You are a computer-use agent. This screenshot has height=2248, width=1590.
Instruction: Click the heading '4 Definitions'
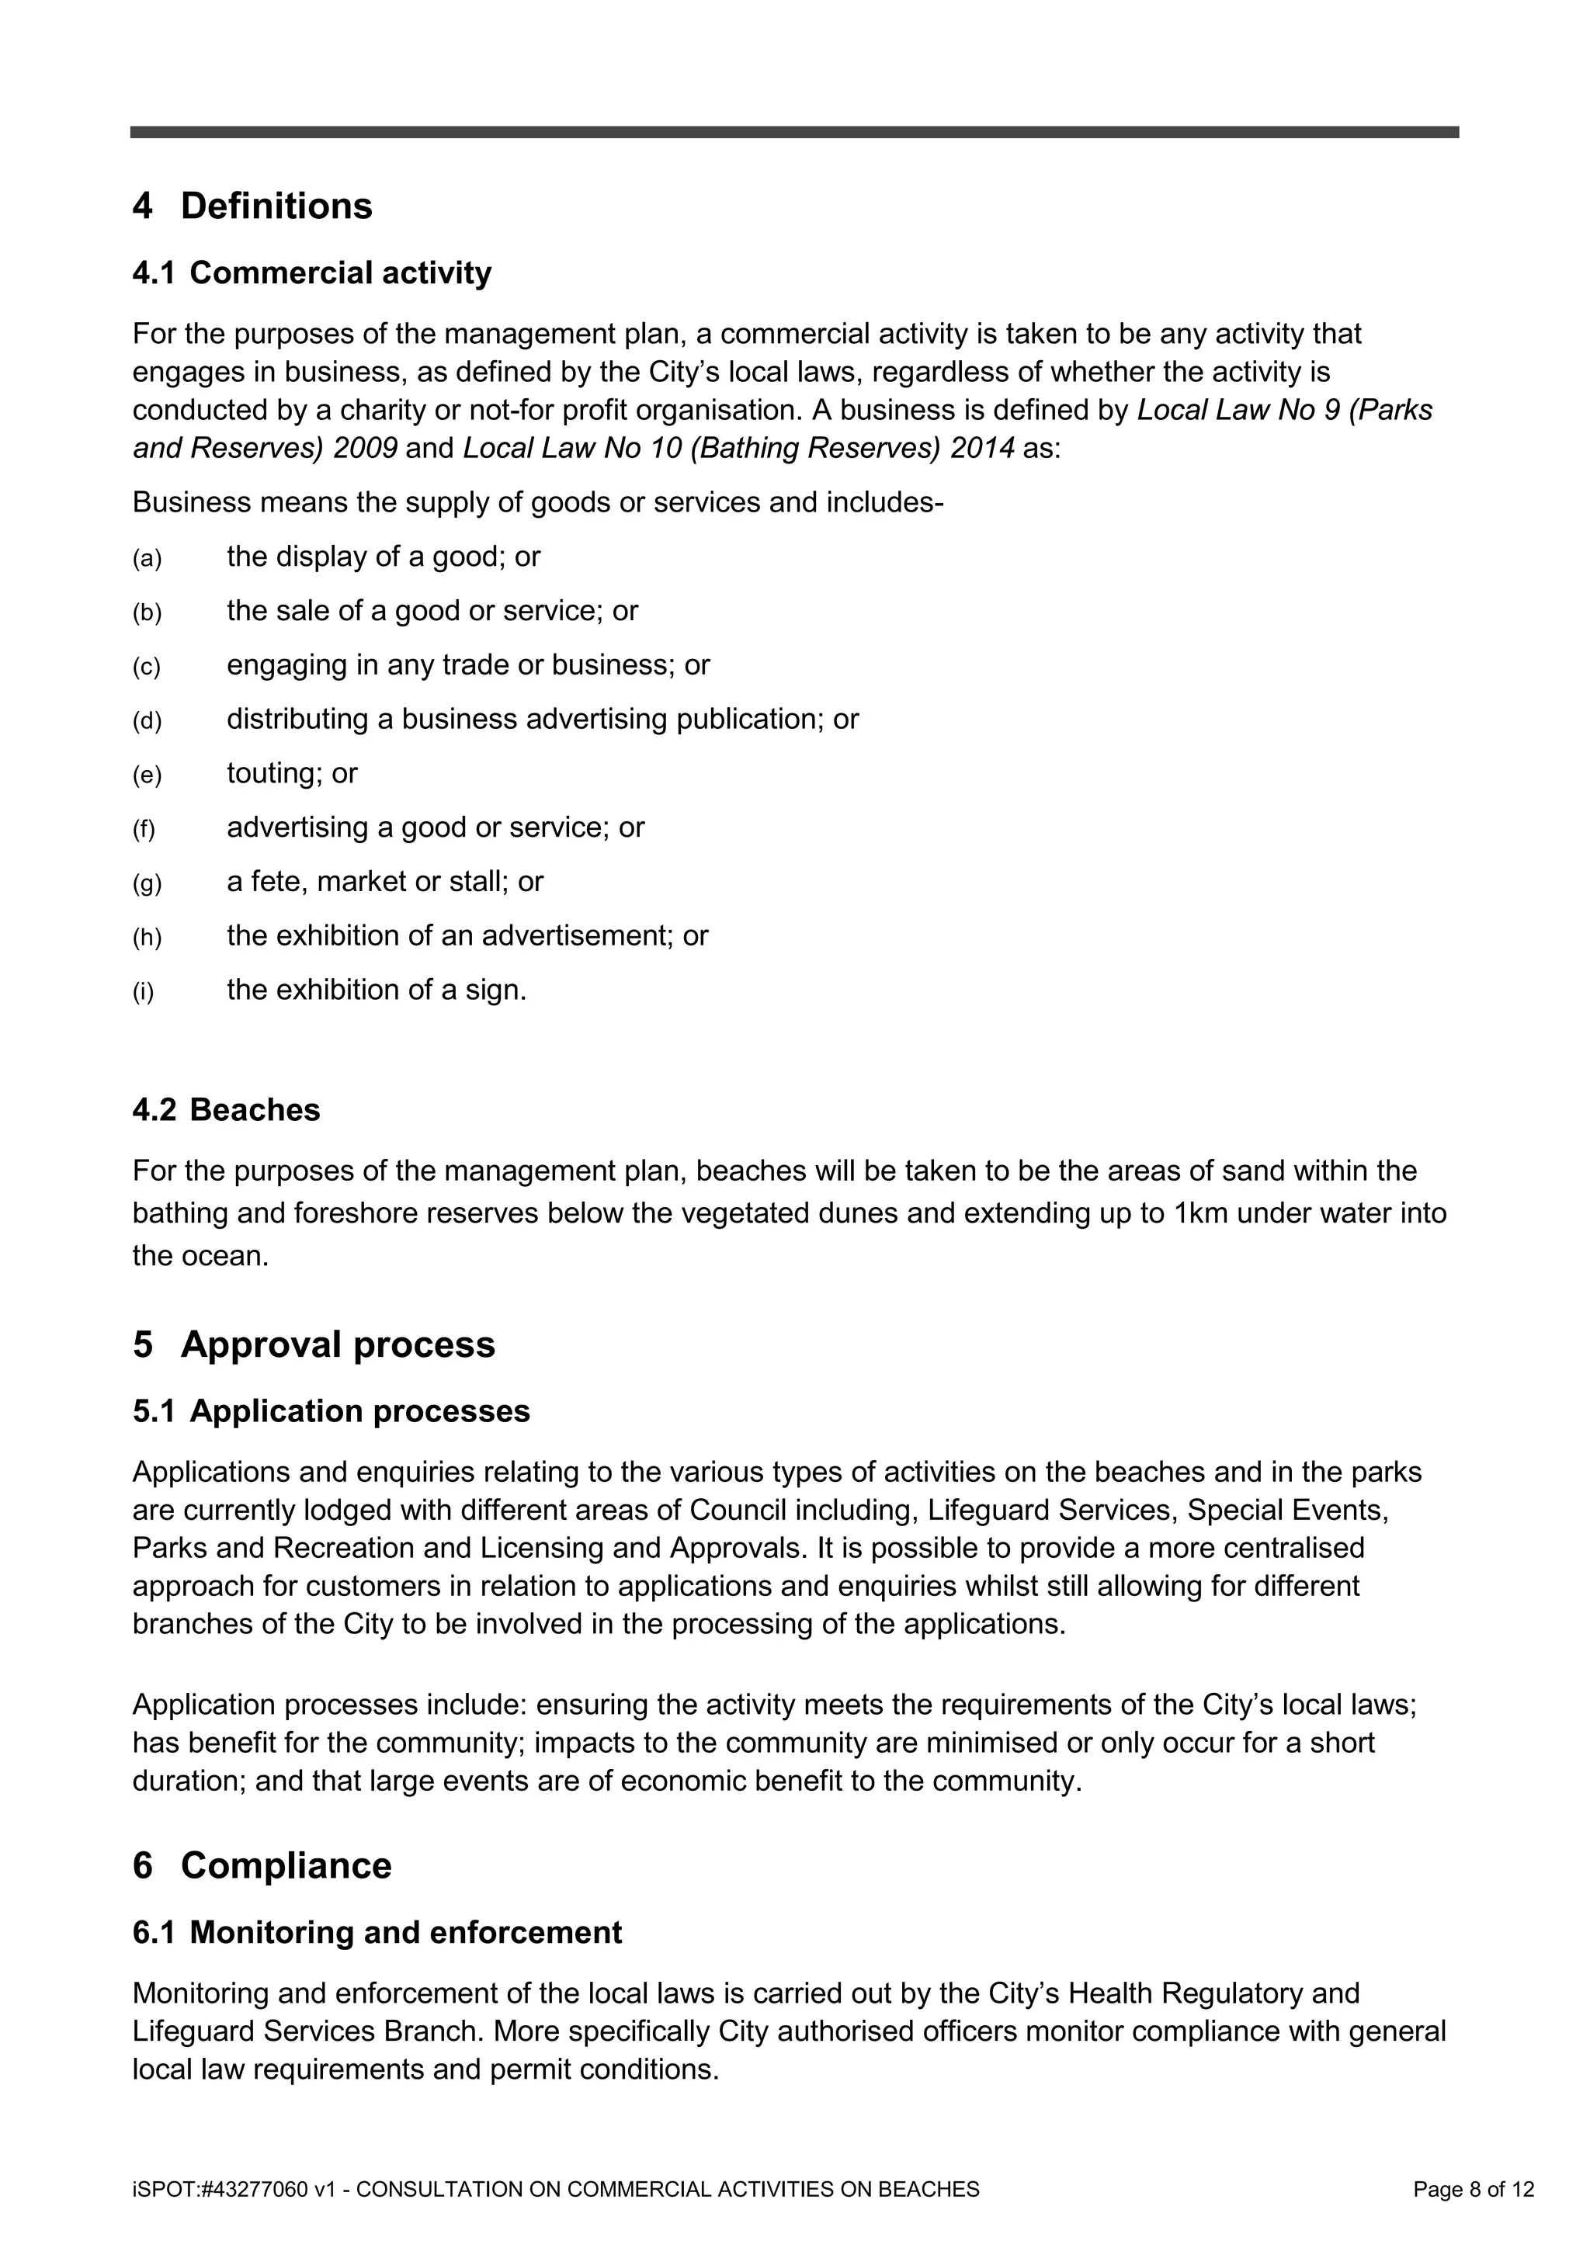tap(252, 206)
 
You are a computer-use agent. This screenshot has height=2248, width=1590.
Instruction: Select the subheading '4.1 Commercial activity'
tap(311, 273)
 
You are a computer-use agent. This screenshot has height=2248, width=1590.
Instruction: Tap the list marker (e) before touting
tap(147, 776)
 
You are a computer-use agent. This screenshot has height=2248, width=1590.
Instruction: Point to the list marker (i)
tap(144, 993)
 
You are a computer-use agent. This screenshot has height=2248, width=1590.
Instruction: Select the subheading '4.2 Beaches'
tap(226, 1110)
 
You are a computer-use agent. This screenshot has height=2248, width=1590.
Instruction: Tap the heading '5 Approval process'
tap(314, 1344)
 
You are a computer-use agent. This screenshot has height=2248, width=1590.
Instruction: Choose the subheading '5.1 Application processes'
tap(331, 1411)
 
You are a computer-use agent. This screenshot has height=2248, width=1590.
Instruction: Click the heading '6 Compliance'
tap(262, 1865)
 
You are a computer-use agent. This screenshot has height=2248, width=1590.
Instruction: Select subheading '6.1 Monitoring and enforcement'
tap(377, 1932)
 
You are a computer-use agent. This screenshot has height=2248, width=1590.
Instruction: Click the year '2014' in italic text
tap(982, 449)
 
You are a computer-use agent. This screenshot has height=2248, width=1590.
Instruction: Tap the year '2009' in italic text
tap(364, 449)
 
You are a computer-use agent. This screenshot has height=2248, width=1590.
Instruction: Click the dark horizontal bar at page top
tap(794, 132)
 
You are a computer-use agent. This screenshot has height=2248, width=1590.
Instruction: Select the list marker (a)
tap(147, 560)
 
